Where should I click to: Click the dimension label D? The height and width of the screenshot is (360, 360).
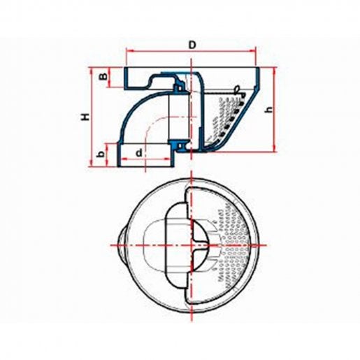(x=192, y=45)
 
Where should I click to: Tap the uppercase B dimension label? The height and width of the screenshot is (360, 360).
(x=104, y=77)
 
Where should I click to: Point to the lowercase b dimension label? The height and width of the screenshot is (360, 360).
(x=101, y=154)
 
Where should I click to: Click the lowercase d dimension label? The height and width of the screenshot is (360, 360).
(x=138, y=153)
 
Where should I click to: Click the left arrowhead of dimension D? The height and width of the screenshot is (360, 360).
(x=129, y=50)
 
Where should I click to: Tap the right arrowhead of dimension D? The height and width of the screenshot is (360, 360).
(x=253, y=50)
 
